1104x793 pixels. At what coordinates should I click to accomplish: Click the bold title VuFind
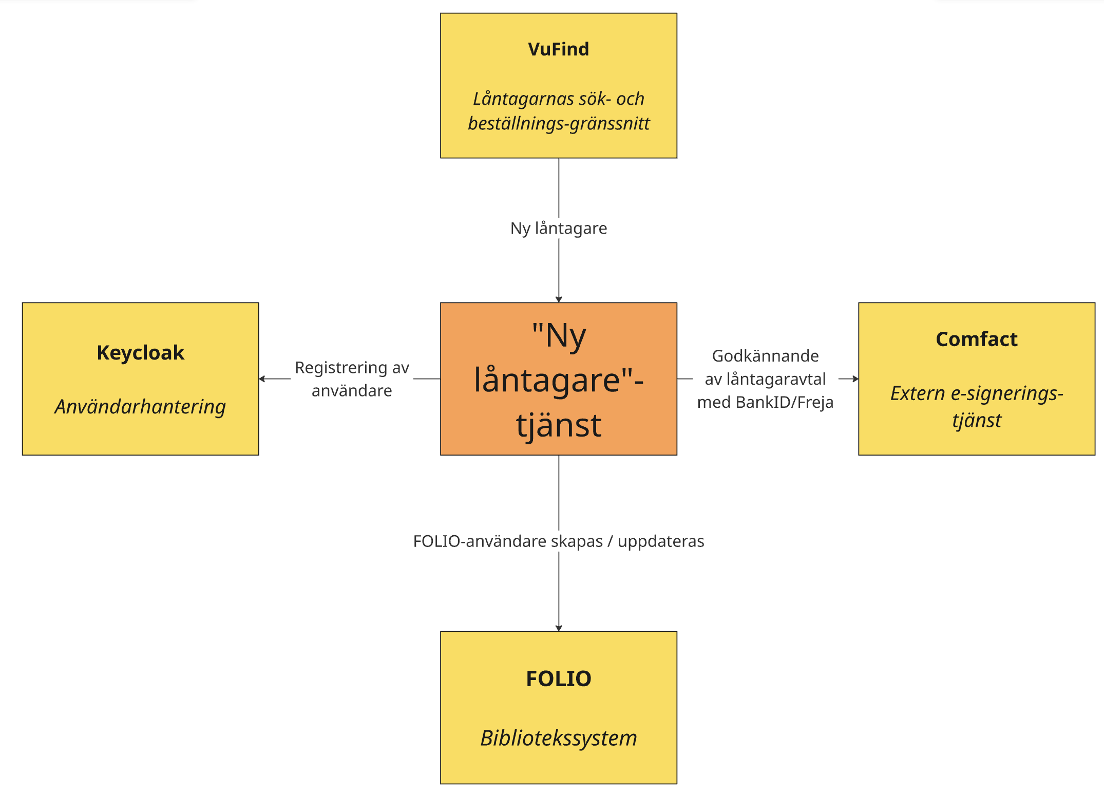(x=558, y=49)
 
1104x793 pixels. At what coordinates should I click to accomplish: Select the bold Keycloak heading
(x=140, y=353)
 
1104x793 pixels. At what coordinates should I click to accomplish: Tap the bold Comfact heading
(x=976, y=339)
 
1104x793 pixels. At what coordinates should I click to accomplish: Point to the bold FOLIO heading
(x=559, y=678)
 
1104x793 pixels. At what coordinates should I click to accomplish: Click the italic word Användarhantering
(x=140, y=407)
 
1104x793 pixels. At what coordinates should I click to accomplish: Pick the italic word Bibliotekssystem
(x=559, y=738)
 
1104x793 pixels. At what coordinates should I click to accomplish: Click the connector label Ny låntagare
(x=559, y=228)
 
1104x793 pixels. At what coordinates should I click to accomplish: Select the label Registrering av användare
(x=352, y=379)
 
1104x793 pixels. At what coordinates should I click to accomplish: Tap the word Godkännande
(x=765, y=356)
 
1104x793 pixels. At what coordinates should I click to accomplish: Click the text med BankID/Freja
(x=765, y=402)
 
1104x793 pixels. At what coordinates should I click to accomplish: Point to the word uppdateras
(x=661, y=541)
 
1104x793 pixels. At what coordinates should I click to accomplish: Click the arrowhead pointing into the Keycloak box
(x=262, y=379)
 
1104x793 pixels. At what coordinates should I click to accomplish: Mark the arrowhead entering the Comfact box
(x=855, y=379)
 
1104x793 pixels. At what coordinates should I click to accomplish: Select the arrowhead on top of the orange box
(x=559, y=299)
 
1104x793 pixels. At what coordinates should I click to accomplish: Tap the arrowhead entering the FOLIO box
(x=559, y=628)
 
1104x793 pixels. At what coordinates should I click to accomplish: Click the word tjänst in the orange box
(x=559, y=425)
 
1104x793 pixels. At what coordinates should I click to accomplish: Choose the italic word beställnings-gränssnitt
(x=559, y=124)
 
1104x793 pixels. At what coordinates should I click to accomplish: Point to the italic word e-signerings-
(x=1007, y=394)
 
